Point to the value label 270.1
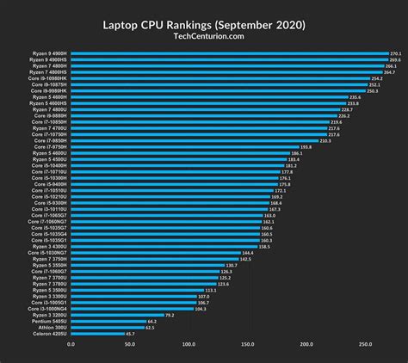coord(395,53)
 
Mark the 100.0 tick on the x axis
coord(189,345)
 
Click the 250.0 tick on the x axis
coord(365,345)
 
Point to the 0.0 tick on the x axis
coord(71,345)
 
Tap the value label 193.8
coord(306,147)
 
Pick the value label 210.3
coord(325,140)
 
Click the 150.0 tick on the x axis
coord(247,345)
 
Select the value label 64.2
coord(152,321)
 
